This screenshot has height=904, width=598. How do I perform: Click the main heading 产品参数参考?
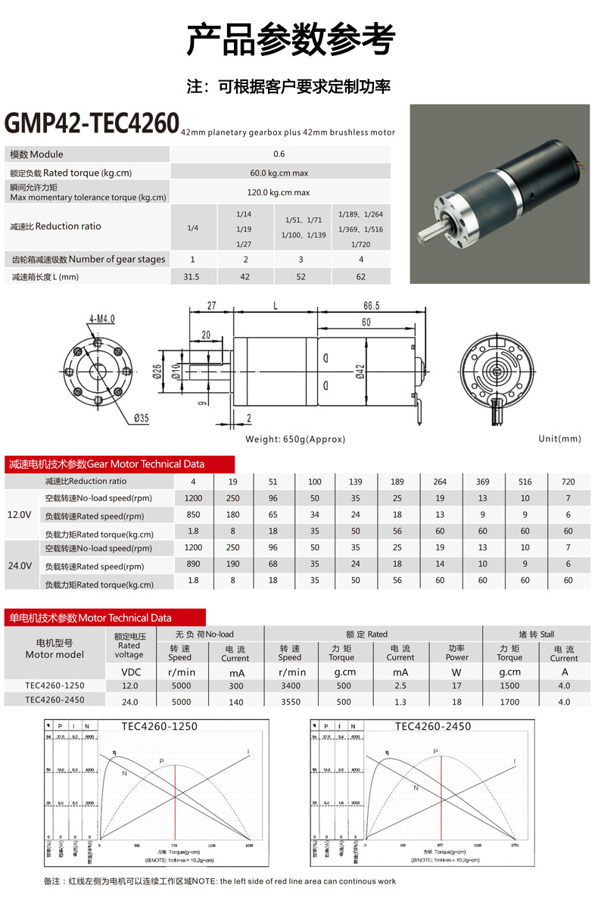291,40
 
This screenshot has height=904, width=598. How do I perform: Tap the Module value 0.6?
279,154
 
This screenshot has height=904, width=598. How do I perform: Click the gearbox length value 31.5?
192,277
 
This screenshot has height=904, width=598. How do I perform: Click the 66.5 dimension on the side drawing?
371,305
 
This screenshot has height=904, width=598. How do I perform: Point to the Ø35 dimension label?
142,418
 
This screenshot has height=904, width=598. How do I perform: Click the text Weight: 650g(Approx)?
295,439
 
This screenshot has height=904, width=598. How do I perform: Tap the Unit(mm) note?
559,439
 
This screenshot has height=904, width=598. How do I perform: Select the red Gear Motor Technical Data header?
106,464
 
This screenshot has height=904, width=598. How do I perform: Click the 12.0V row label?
19,515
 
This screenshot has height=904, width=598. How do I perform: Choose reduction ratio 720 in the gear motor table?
568,482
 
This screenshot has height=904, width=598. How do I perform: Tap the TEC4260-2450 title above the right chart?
432,726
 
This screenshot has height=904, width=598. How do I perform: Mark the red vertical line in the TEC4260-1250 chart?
176,803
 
